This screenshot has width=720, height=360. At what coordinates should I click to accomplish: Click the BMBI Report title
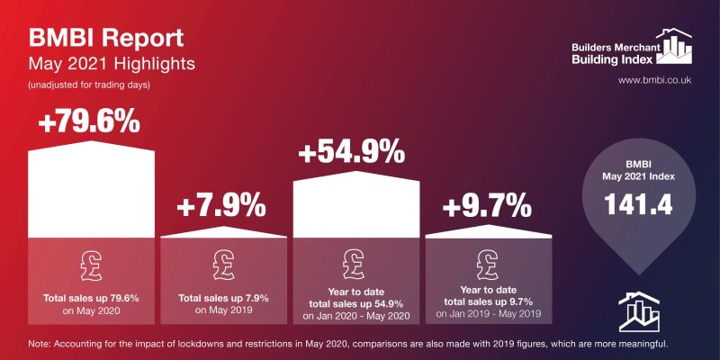pos(106,40)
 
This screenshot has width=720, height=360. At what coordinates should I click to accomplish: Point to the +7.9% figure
pos(222,207)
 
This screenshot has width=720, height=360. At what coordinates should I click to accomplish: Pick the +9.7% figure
pos(487,207)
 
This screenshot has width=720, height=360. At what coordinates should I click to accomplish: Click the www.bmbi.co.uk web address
pos(654,82)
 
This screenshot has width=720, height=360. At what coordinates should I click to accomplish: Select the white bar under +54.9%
pos(355,207)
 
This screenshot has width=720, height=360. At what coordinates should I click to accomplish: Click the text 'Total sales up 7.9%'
pos(223,297)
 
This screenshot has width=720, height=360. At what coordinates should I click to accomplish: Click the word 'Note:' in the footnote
pos(41,343)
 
